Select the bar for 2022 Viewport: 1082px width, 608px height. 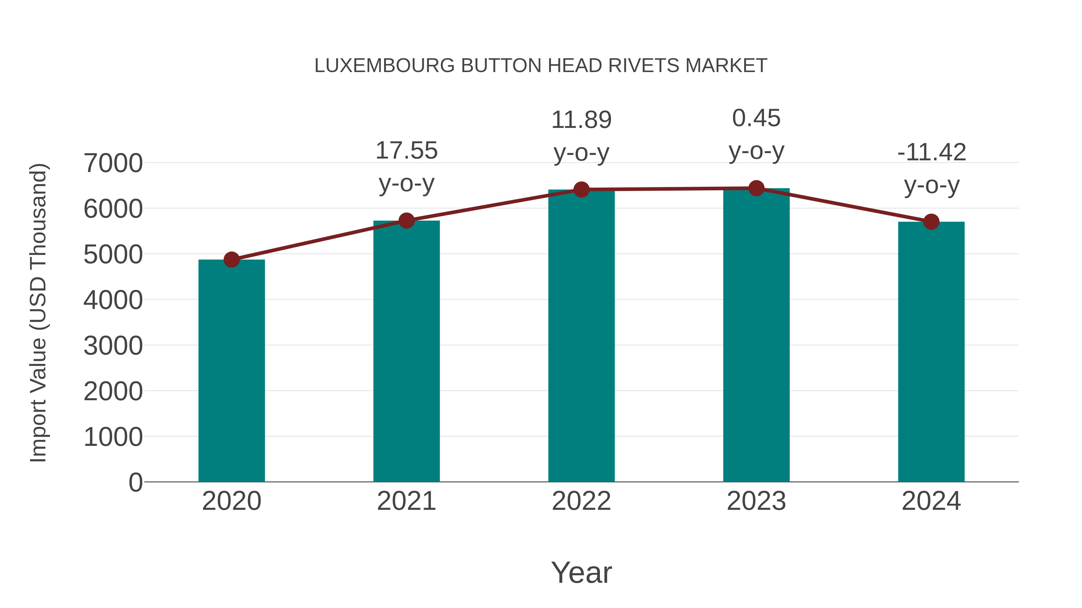[581, 336]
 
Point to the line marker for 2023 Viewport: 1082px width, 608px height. [756, 188]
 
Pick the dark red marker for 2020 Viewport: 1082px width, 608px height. [231, 260]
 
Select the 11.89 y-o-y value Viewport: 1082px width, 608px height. [581, 120]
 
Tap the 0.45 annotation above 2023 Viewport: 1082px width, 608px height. [756, 118]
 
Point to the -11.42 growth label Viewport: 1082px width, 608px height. [931, 152]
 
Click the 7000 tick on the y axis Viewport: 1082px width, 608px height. [113, 163]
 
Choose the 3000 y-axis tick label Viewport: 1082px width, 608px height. [113, 346]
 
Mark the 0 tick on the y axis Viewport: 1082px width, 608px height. [135, 482]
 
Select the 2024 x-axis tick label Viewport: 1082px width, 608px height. [931, 501]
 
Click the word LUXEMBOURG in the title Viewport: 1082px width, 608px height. [384, 66]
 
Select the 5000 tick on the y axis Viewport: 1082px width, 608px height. [113, 255]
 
